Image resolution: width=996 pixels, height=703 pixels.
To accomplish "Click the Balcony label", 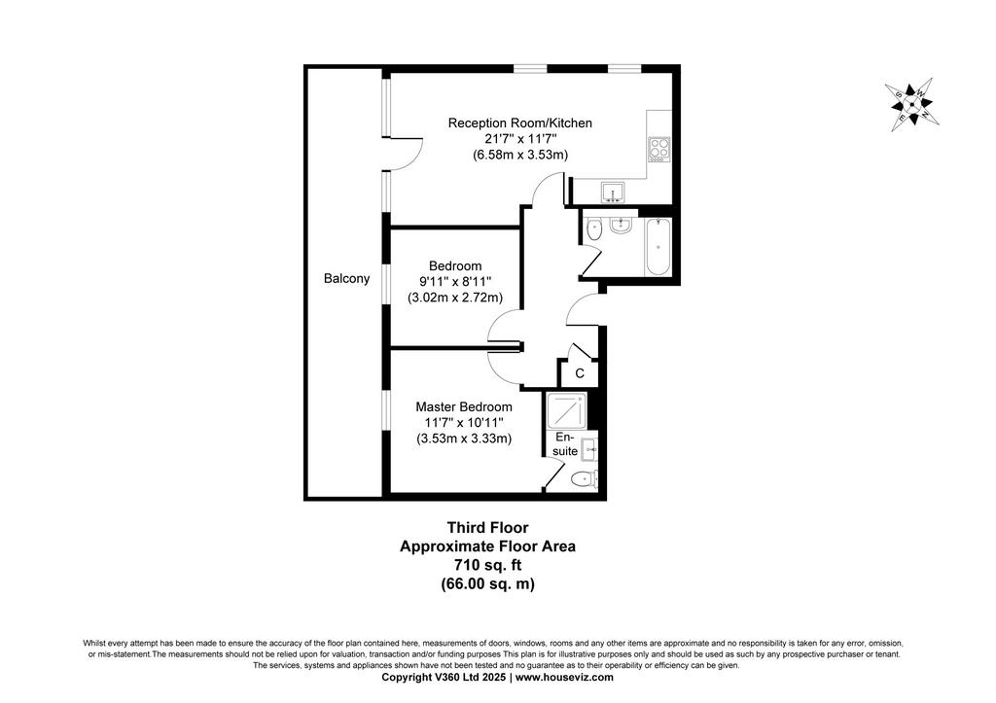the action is [x=346, y=278].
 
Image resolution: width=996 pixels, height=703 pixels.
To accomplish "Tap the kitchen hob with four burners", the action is [x=658, y=150].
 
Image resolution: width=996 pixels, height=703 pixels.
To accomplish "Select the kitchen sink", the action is [x=613, y=192].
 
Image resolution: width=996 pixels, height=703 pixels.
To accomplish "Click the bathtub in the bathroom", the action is [x=658, y=246].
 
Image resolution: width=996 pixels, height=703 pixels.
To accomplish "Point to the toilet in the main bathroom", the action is [x=593, y=229].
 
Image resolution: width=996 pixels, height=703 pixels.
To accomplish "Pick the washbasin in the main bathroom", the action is [x=620, y=225].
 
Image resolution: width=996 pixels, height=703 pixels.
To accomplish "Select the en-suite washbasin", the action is [x=589, y=449].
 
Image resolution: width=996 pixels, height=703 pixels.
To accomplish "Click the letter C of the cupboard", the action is [x=580, y=373].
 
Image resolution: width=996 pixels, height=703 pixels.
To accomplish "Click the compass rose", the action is [x=912, y=104].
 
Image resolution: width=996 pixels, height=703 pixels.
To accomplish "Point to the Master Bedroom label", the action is [x=464, y=406].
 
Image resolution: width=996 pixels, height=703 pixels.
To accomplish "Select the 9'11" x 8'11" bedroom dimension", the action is [x=455, y=281].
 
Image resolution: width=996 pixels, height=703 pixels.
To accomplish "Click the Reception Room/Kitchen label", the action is [x=520, y=123].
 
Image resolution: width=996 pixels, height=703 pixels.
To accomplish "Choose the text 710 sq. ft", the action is [x=488, y=565].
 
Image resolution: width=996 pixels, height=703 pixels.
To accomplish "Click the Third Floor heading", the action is [x=488, y=527].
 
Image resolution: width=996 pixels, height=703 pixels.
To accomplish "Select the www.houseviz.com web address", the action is [x=565, y=677].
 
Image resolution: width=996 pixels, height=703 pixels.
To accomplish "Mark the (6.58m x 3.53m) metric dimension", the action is [x=520, y=155].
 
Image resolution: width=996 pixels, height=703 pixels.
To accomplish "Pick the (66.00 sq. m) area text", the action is [x=488, y=583].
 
